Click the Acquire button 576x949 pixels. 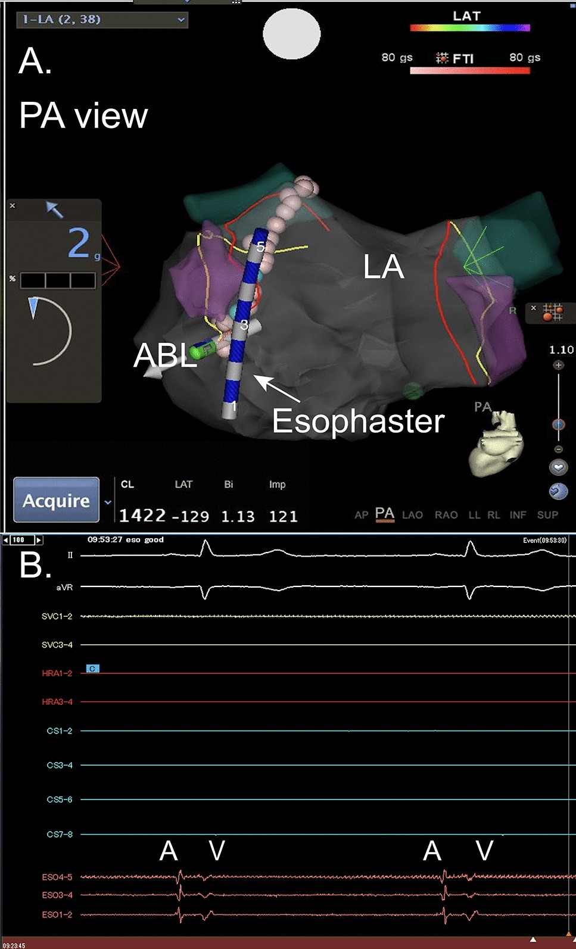pos(56,500)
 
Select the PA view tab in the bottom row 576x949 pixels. pos(384,514)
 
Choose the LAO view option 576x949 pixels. pos(412,515)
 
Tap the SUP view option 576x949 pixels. pos(547,515)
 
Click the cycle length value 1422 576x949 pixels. pos(142,516)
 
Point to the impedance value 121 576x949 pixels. pos(283,516)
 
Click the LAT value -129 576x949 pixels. pos(191,516)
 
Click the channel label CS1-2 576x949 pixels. pos(59,731)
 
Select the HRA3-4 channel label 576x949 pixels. pos(57,702)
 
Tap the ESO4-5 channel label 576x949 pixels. pos(57,877)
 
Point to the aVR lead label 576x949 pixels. pos(64,587)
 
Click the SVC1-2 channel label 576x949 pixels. pos(57,616)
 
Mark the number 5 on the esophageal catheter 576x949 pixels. pos(260,246)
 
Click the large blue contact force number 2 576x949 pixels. pos(79,243)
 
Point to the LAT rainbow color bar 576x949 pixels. pos(469,27)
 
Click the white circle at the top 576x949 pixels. pos(292,34)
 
